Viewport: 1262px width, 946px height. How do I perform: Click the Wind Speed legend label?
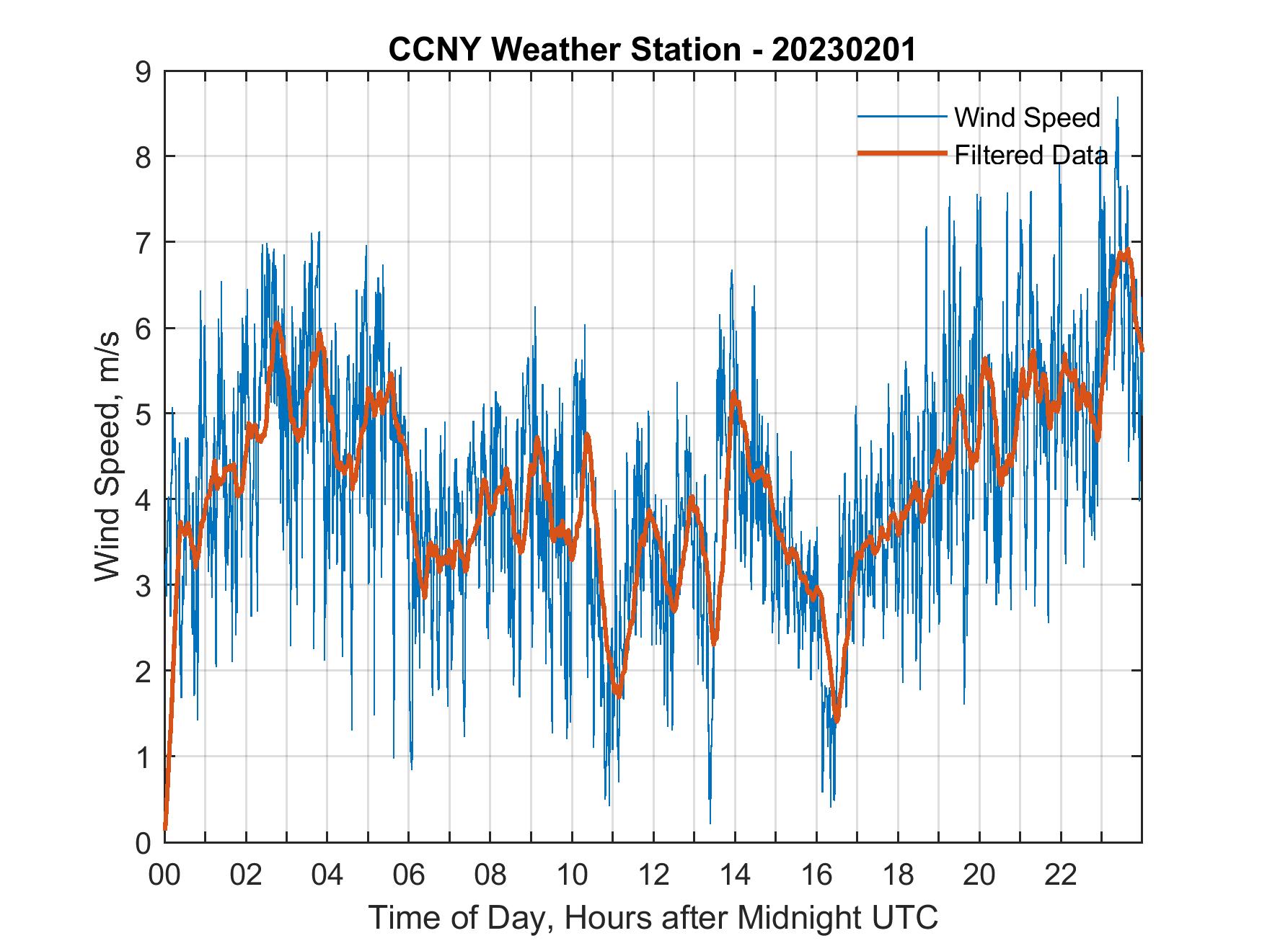(1027, 117)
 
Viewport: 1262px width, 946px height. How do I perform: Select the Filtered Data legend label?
(1031, 155)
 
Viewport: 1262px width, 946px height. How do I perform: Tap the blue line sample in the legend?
(901, 117)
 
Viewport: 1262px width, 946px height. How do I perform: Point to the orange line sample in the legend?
(901, 153)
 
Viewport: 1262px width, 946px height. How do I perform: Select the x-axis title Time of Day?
(653, 918)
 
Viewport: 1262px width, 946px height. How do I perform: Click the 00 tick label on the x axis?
(164, 875)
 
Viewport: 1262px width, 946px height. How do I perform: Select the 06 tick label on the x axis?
(409, 875)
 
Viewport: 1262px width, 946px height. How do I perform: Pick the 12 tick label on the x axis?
(653, 875)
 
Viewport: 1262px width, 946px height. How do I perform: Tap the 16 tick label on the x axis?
(816, 875)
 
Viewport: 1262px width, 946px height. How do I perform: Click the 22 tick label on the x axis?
(1061, 875)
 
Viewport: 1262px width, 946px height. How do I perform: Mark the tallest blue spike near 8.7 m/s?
(1117, 98)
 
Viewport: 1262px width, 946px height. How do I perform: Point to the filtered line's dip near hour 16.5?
(836, 719)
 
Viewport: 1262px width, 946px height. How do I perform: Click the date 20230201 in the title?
(843, 50)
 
